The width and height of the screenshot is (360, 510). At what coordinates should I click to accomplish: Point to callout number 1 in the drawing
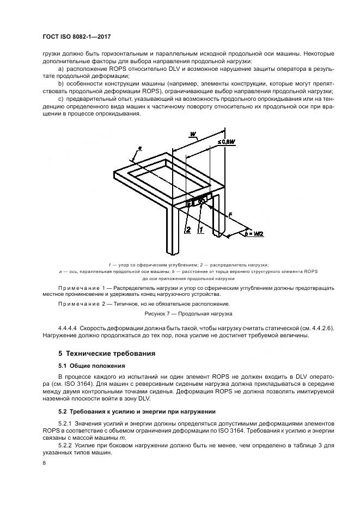coord(200,230)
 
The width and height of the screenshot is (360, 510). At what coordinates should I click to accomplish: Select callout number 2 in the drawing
coord(188,230)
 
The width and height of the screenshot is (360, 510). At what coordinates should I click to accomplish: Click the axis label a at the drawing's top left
coord(140,148)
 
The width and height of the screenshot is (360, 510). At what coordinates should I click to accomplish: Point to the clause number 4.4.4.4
coord(68,328)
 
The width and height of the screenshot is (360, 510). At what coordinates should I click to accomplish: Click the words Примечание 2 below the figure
coord(81,303)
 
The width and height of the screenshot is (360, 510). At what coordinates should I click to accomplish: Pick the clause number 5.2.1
coord(65,423)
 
